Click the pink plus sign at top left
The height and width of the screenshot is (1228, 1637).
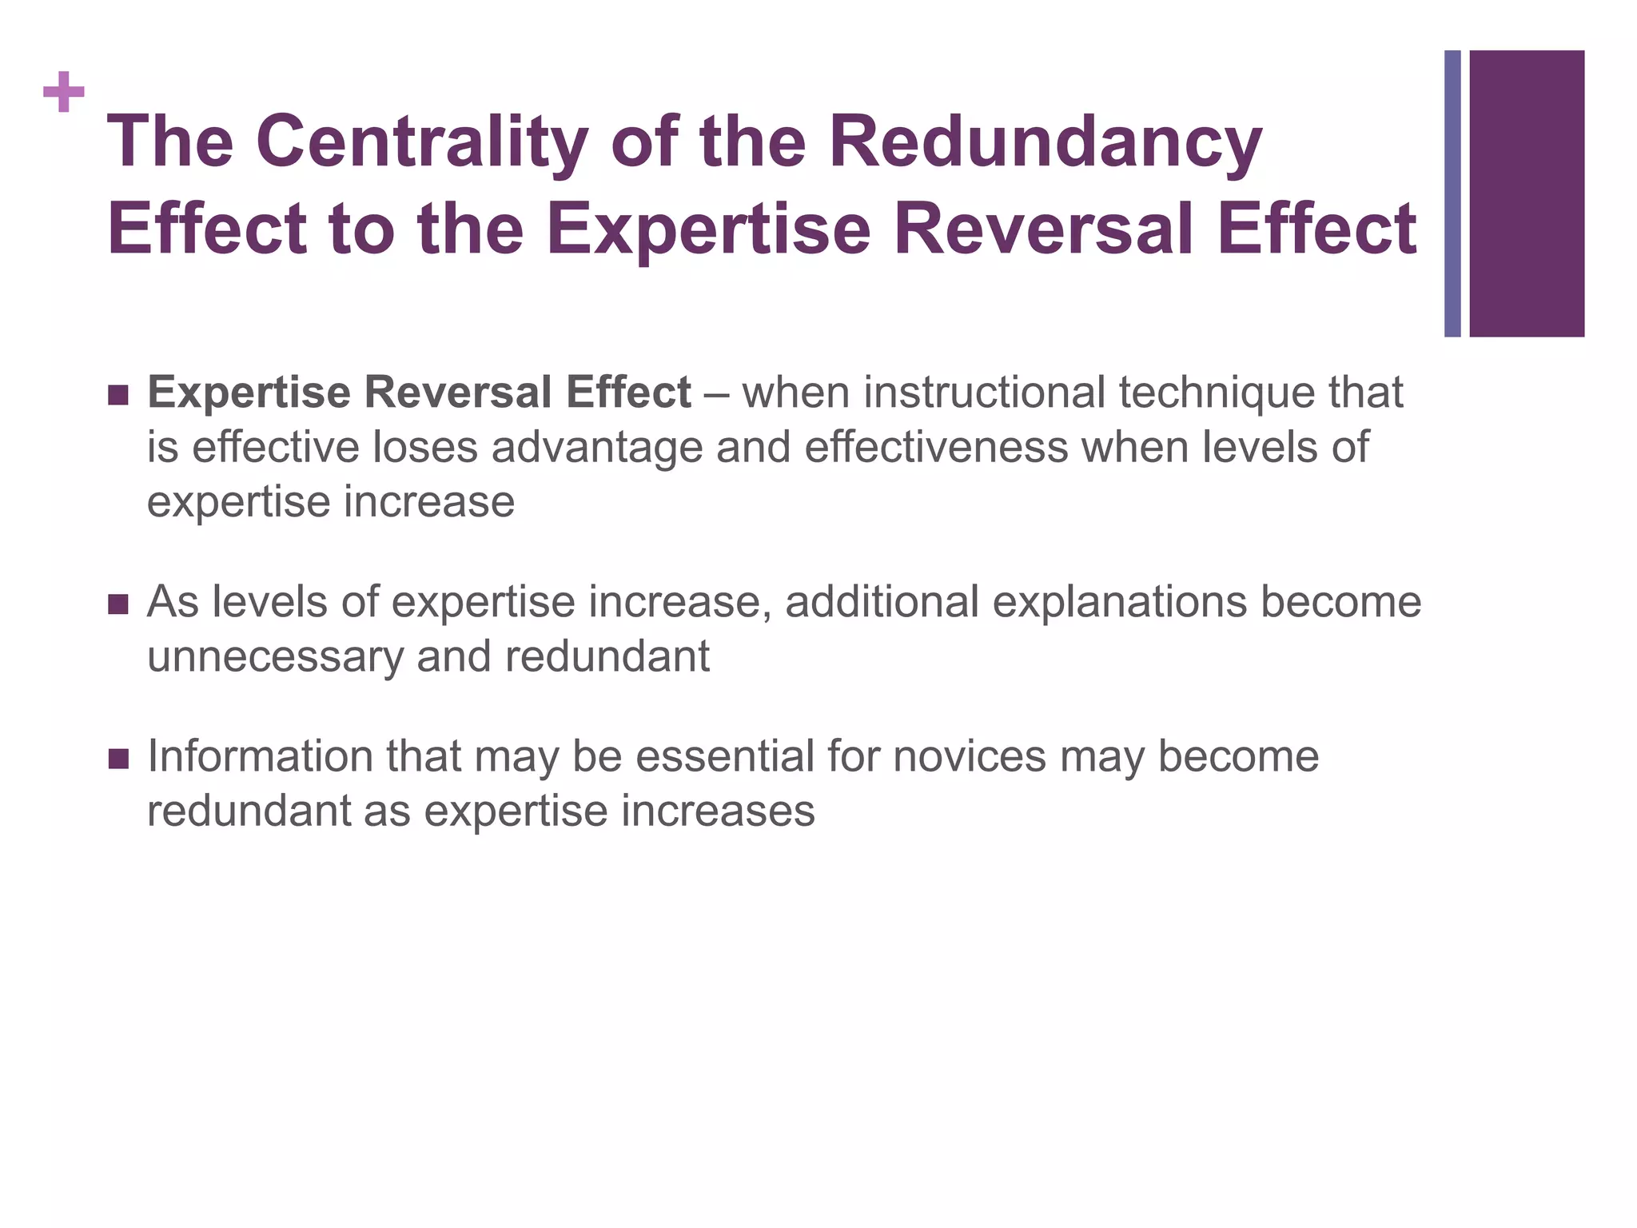(x=64, y=93)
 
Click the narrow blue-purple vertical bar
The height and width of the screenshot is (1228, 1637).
(x=1452, y=193)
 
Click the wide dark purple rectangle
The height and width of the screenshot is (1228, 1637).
(x=1527, y=193)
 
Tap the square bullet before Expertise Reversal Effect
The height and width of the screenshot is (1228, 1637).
(x=117, y=395)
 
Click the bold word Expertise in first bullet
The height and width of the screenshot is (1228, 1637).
(x=249, y=393)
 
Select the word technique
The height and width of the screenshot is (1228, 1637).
(x=1215, y=393)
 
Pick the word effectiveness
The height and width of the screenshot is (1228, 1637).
(x=936, y=448)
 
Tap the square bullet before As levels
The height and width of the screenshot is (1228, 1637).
(x=117, y=604)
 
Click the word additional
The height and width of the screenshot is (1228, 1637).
(x=882, y=602)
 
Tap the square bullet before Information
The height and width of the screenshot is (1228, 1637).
(x=117, y=759)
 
